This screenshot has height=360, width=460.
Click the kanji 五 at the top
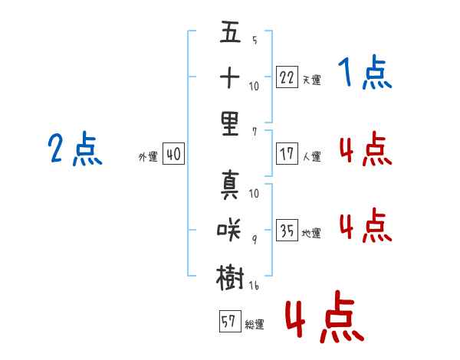click(x=230, y=33)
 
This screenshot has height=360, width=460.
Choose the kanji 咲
click(x=230, y=227)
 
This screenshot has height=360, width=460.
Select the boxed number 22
click(x=287, y=77)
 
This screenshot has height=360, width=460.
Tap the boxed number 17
click(x=287, y=152)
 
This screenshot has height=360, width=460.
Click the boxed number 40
click(x=172, y=154)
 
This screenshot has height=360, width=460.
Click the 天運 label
click(x=311, y=80)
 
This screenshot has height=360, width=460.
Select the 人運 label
click(x=311, y=156)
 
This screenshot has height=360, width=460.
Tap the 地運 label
click(x=311, y=233)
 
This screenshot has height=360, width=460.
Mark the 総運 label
click(x=254, y=325)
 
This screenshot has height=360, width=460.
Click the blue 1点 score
click(x=364, y=74)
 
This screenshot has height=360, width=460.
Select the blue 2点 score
click(x=74, y=149)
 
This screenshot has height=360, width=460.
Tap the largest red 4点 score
click(x=324, y=318)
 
